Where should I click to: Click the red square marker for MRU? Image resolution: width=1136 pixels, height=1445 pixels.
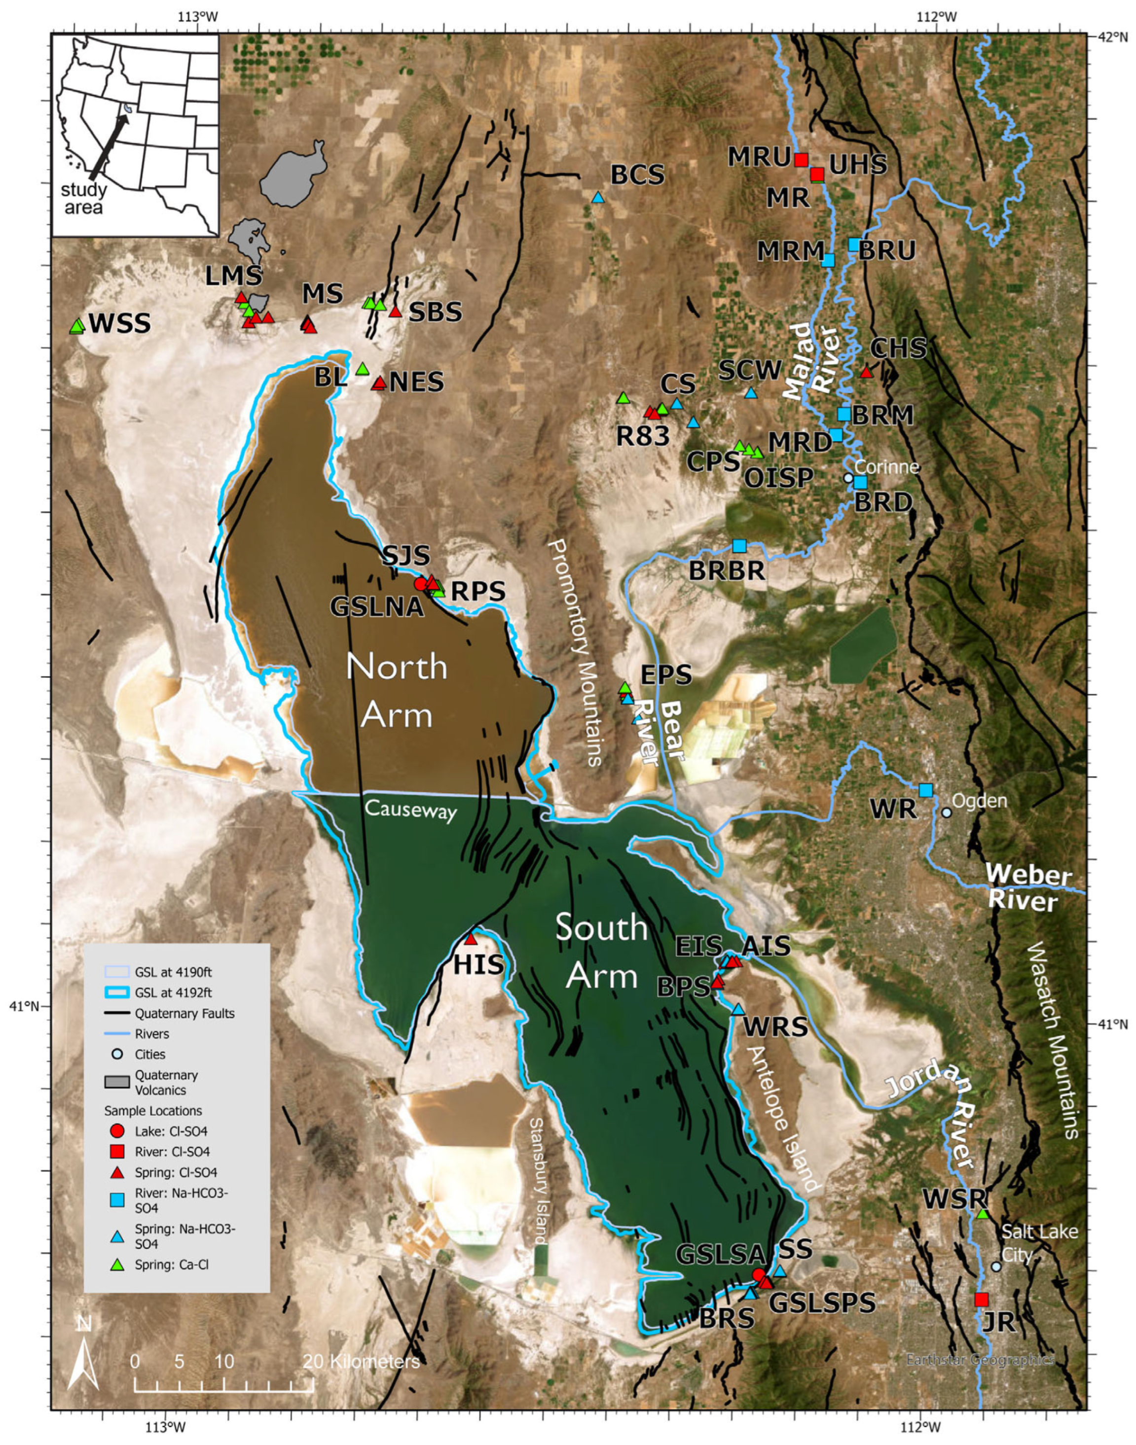[x=802, y=160]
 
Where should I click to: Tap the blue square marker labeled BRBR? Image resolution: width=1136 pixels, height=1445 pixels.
[x=739, y=546]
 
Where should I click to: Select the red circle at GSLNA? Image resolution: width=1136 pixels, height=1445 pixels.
[x=420, y=584]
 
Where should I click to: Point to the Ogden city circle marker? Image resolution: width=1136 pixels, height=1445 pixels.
[x=947, y=812]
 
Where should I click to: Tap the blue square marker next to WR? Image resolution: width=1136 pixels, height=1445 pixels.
[x=925, y=790]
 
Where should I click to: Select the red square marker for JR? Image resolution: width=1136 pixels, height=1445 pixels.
[x=981, y=1300]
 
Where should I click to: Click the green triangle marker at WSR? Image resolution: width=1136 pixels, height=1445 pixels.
[x=983, y=1214]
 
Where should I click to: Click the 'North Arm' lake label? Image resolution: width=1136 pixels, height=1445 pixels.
[x=397, y=691]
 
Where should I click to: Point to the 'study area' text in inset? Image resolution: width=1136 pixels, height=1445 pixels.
[x=84, y=199]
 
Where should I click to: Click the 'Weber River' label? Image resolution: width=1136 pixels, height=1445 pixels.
[x=1027, y=887]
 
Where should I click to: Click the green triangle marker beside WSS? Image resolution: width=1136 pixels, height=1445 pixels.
[x=77, y=326]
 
